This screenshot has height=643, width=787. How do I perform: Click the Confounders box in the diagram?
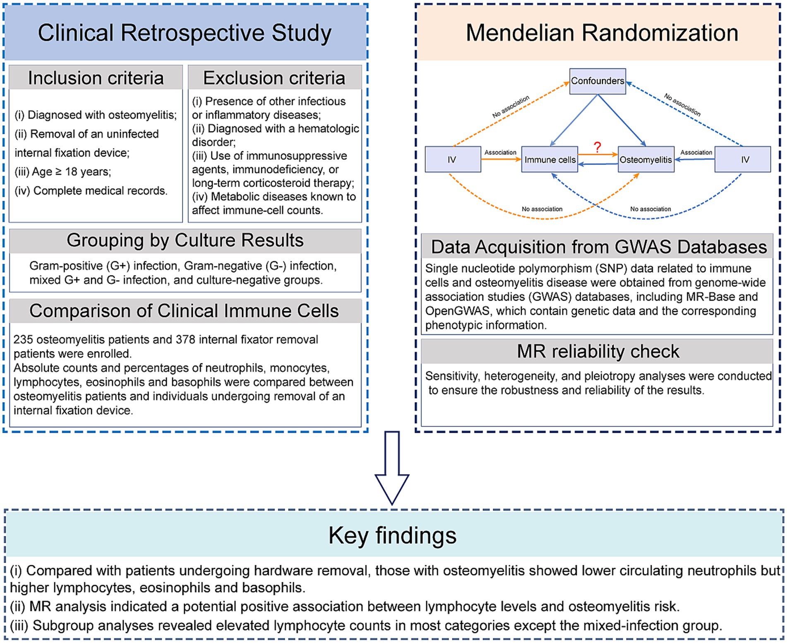(597, 81)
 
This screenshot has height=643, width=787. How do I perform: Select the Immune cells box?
(549, 160)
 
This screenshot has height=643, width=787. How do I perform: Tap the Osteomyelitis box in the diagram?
(645, 160)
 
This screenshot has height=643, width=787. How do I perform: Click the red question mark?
(597, 147)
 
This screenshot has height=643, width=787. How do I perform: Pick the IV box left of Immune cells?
(453, 160)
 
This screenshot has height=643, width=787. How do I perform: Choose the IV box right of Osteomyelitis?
(744, 160)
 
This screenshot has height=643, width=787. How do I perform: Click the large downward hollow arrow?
(392, 468)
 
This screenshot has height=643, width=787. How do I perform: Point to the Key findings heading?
(392, 535)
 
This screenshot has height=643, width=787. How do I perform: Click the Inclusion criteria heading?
(96, 78)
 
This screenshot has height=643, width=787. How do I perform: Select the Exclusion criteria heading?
(274, 78)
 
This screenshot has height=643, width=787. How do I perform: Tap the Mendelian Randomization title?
(602, 33)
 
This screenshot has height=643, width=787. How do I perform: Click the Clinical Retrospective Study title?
(185, 33)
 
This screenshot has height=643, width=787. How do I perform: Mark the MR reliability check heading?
(597, 351)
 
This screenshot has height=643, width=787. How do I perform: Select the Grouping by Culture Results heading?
(185, 240)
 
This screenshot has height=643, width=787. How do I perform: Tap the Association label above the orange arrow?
(500, 152)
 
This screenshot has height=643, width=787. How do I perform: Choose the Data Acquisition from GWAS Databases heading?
(599, 247)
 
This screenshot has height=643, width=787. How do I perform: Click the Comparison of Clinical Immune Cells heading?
(184, 311)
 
